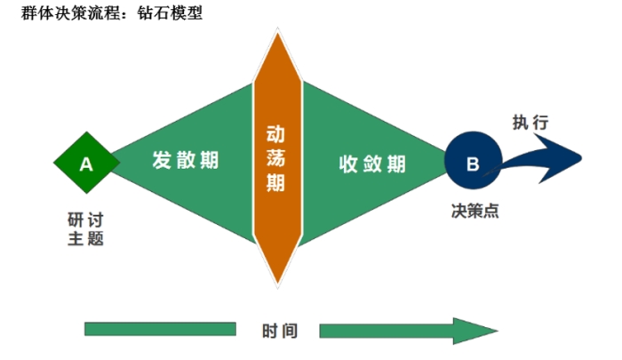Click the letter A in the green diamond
86,164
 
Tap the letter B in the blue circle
473,164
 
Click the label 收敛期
373,164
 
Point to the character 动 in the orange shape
276,134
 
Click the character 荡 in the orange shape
276,160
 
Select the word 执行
530,123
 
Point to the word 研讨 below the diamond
85,220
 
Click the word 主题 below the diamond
85,239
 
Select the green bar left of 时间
160,330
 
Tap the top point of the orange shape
276,32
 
